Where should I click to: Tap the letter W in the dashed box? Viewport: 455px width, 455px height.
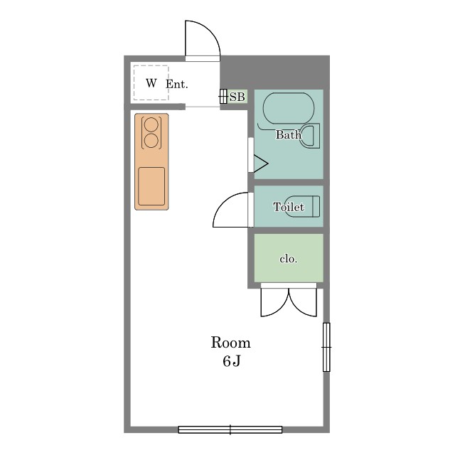(151, 83)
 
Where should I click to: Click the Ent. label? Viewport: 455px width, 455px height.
(177, 84)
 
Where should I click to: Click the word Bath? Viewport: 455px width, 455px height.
(289, 134)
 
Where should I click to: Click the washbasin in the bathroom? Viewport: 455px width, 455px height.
(310, 136)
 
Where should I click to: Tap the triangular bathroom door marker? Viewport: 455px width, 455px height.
(261, 164)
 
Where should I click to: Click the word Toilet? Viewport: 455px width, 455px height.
(289, 207)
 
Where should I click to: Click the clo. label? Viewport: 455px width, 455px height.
(289, 259)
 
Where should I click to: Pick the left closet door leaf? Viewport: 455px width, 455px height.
(275, 302)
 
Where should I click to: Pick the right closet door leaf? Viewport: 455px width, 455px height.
(303, 302)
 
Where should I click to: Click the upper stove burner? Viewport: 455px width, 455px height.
(151, 125)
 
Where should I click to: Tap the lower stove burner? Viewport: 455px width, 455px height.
(151, 141)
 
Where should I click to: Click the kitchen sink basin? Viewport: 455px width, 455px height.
(151, 186)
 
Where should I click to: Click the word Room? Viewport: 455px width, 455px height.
(230, 343)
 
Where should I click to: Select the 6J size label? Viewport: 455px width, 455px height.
(232, 361)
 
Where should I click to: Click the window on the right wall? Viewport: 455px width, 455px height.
(326, 347)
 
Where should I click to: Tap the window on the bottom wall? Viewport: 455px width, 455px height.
(230, 429)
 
